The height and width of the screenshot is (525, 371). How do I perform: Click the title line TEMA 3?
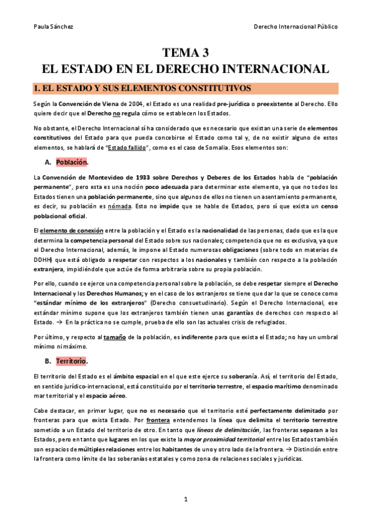click(185, 53)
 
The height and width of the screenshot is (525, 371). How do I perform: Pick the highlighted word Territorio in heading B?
click(71, 361)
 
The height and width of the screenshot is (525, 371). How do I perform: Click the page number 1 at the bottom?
click(185, 499)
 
